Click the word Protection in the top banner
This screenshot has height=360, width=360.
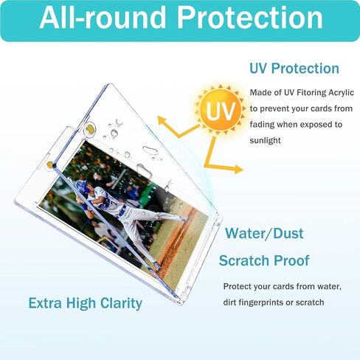point(249,18)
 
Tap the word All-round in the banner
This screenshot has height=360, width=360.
point(103,17)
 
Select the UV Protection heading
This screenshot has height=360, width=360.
point(294,68)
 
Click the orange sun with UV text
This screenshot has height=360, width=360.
point(220,110)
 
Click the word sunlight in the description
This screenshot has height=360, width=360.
point(265,140)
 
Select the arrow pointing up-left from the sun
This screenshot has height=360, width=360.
point(179,127)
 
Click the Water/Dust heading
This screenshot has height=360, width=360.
point(264,233)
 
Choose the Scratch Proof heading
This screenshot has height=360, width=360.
point(264,260)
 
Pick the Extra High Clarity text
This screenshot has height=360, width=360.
point(86,303)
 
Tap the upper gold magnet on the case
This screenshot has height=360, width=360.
point(90,128)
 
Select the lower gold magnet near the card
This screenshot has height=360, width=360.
point(50,165)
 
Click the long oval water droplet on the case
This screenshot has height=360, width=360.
point(150,150)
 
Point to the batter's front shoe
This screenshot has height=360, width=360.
point(184,218)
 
